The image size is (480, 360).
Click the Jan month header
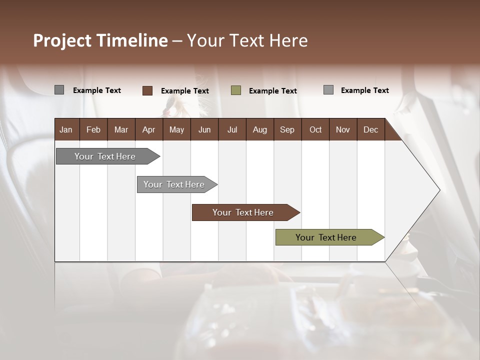click(66, 129)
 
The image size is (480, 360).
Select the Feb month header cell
click(93, 129)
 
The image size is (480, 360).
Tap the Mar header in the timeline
click(121, 129)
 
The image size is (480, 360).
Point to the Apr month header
click(148, 129)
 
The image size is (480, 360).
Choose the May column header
click(176, 129)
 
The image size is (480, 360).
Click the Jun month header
click(204, 129)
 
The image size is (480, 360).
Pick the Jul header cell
click(232, 129)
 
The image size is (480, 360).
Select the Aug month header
click(259, 129)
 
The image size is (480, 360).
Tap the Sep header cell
click(287, 129)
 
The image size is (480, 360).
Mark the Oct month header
click(315, 129)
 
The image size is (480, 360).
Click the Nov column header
click(343, 129)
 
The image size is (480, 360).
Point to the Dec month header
click(370, 129)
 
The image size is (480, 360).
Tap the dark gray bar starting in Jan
click(105, 156)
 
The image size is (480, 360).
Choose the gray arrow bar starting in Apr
click(174, 184)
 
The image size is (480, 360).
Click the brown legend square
click(147, 90)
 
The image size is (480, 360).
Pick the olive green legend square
click(236, 90)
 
